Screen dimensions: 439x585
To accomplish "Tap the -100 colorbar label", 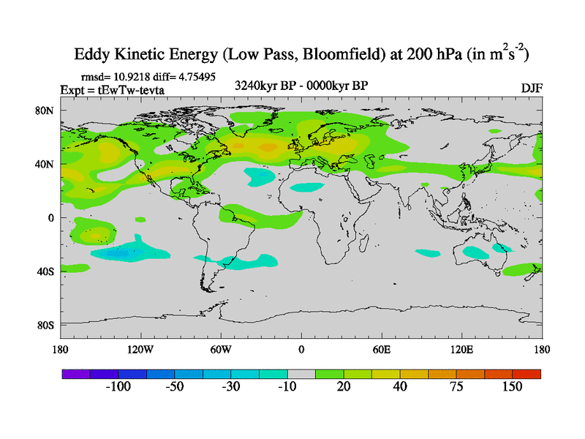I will click(118, 386).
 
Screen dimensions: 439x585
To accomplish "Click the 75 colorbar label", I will click(456, 386).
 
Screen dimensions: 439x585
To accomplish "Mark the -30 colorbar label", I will click(230, 386).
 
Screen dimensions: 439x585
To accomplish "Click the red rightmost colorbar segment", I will click(526, 373).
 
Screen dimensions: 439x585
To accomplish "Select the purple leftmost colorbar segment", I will click(75, 373).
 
